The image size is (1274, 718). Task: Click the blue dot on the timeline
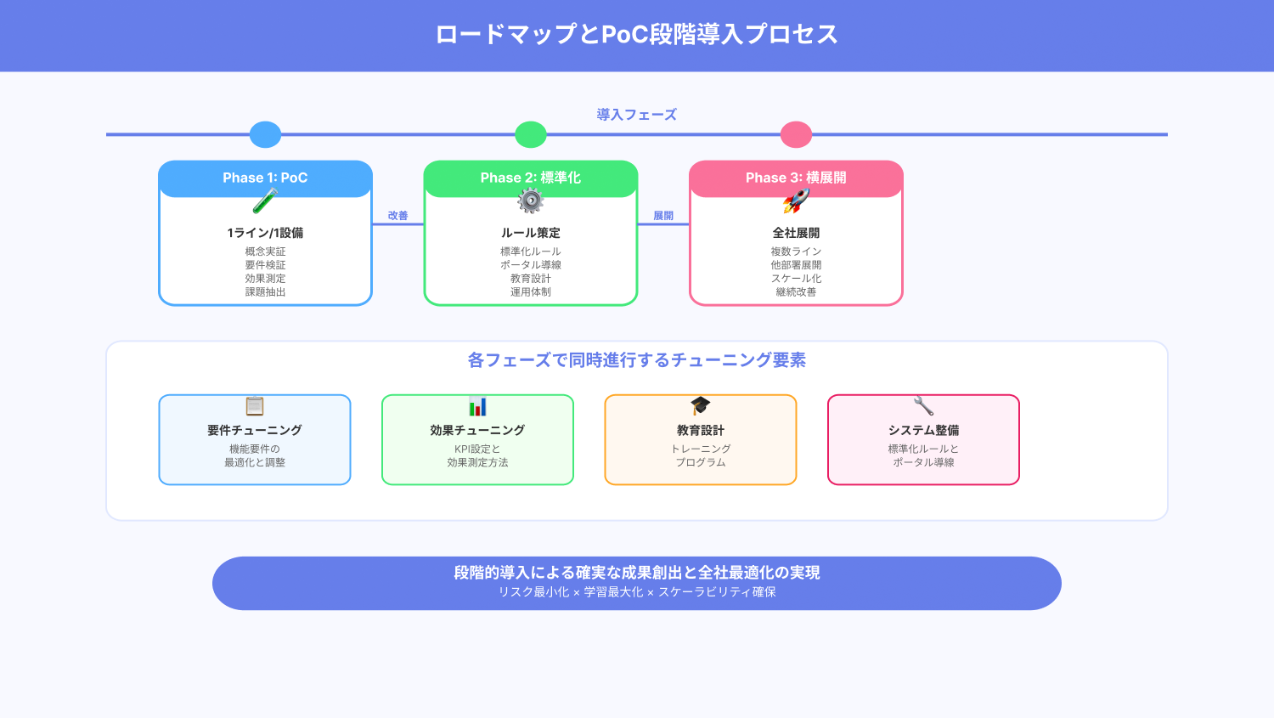[265, 134]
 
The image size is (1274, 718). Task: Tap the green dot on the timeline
[531, 134]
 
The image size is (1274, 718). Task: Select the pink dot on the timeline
[797, 134]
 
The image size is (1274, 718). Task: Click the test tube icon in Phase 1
[265, 201]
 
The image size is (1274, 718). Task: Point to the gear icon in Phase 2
[531, 201]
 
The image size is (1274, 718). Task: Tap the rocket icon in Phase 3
[797, 201]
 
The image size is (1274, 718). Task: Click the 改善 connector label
[398, 216]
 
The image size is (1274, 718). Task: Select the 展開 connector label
[663, 216]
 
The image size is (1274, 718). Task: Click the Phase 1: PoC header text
[265, 178]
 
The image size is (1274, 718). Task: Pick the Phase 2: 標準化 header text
[531, 178]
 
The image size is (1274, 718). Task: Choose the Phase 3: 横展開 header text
[797, 178]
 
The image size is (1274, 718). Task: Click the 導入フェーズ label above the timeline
[636, 115]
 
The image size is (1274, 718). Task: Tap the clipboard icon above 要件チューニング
[255, 406]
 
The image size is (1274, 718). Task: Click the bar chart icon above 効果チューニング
[477, 406]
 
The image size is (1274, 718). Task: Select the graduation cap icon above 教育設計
[700, 405]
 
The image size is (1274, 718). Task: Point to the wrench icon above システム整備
[924, 406]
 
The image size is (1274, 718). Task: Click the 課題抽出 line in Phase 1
[265, 291]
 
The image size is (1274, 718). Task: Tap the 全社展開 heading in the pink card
[797, 233]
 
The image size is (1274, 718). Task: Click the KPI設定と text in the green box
[477, 449]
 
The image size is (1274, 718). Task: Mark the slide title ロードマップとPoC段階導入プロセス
[636, 34]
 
